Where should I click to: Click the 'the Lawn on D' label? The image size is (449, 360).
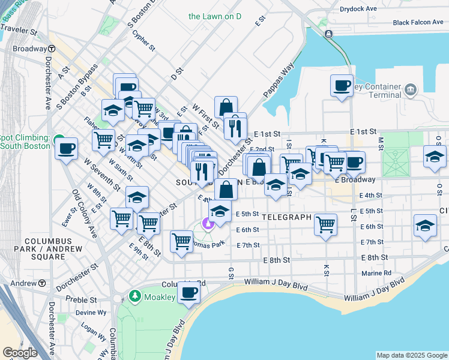(214, 16)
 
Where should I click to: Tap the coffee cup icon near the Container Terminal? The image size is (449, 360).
(342, 85)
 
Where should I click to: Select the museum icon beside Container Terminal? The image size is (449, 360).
(411, 90)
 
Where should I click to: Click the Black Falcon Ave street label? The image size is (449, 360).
(418, 23)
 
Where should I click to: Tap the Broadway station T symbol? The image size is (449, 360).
(52, 49)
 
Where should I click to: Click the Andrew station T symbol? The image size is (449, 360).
(43, 283)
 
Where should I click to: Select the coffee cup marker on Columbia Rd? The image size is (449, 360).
(189, 293)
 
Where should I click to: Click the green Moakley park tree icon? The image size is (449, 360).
(135, 296)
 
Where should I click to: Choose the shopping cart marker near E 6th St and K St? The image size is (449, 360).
(325, 225)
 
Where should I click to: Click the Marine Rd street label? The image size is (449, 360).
(376, 273)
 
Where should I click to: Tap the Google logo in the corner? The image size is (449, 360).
(20, 353)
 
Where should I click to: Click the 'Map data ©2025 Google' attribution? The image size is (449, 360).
(411, 355)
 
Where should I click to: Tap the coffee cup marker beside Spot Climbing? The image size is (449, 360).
(66, 148)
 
